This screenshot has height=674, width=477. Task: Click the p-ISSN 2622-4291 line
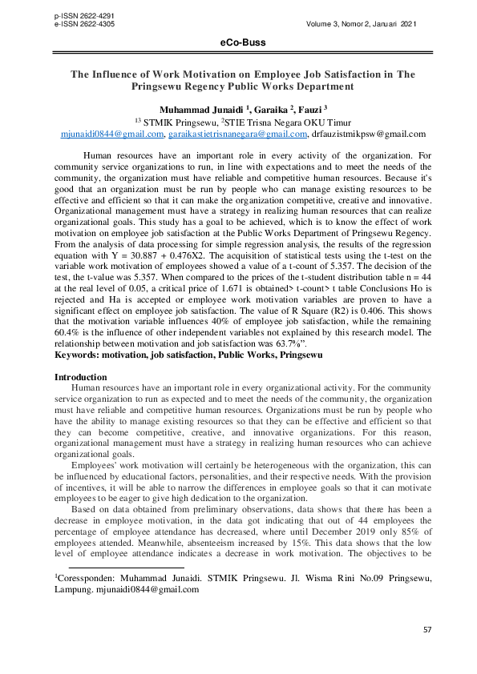[83, 15]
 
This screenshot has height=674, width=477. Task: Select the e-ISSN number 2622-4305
[96, 23]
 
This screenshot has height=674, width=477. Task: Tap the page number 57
[427, 631]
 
